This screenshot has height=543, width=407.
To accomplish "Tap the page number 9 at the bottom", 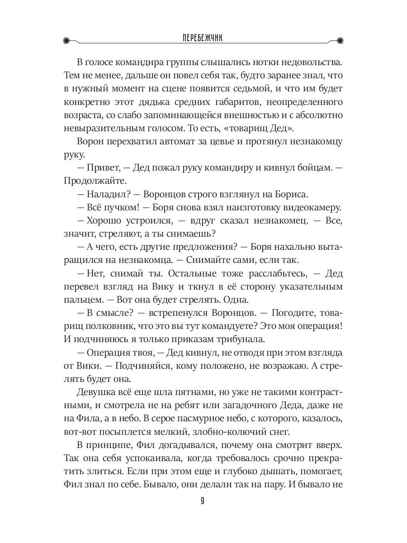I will [203, 501].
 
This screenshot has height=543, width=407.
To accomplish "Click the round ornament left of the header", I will [67, 40].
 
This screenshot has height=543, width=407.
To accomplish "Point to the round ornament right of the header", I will [340, 40].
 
